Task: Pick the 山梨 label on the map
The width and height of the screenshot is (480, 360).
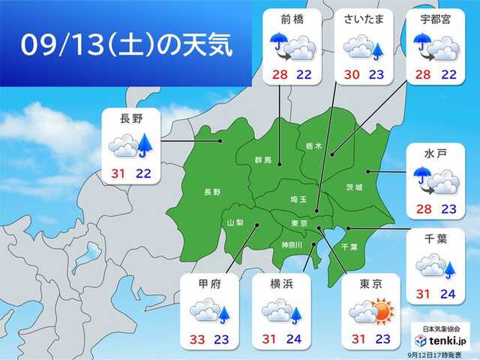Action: pyautogui.click(x=235, y=223)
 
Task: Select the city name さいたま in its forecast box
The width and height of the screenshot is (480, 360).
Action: pyautogui.click(x=363, y=19)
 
